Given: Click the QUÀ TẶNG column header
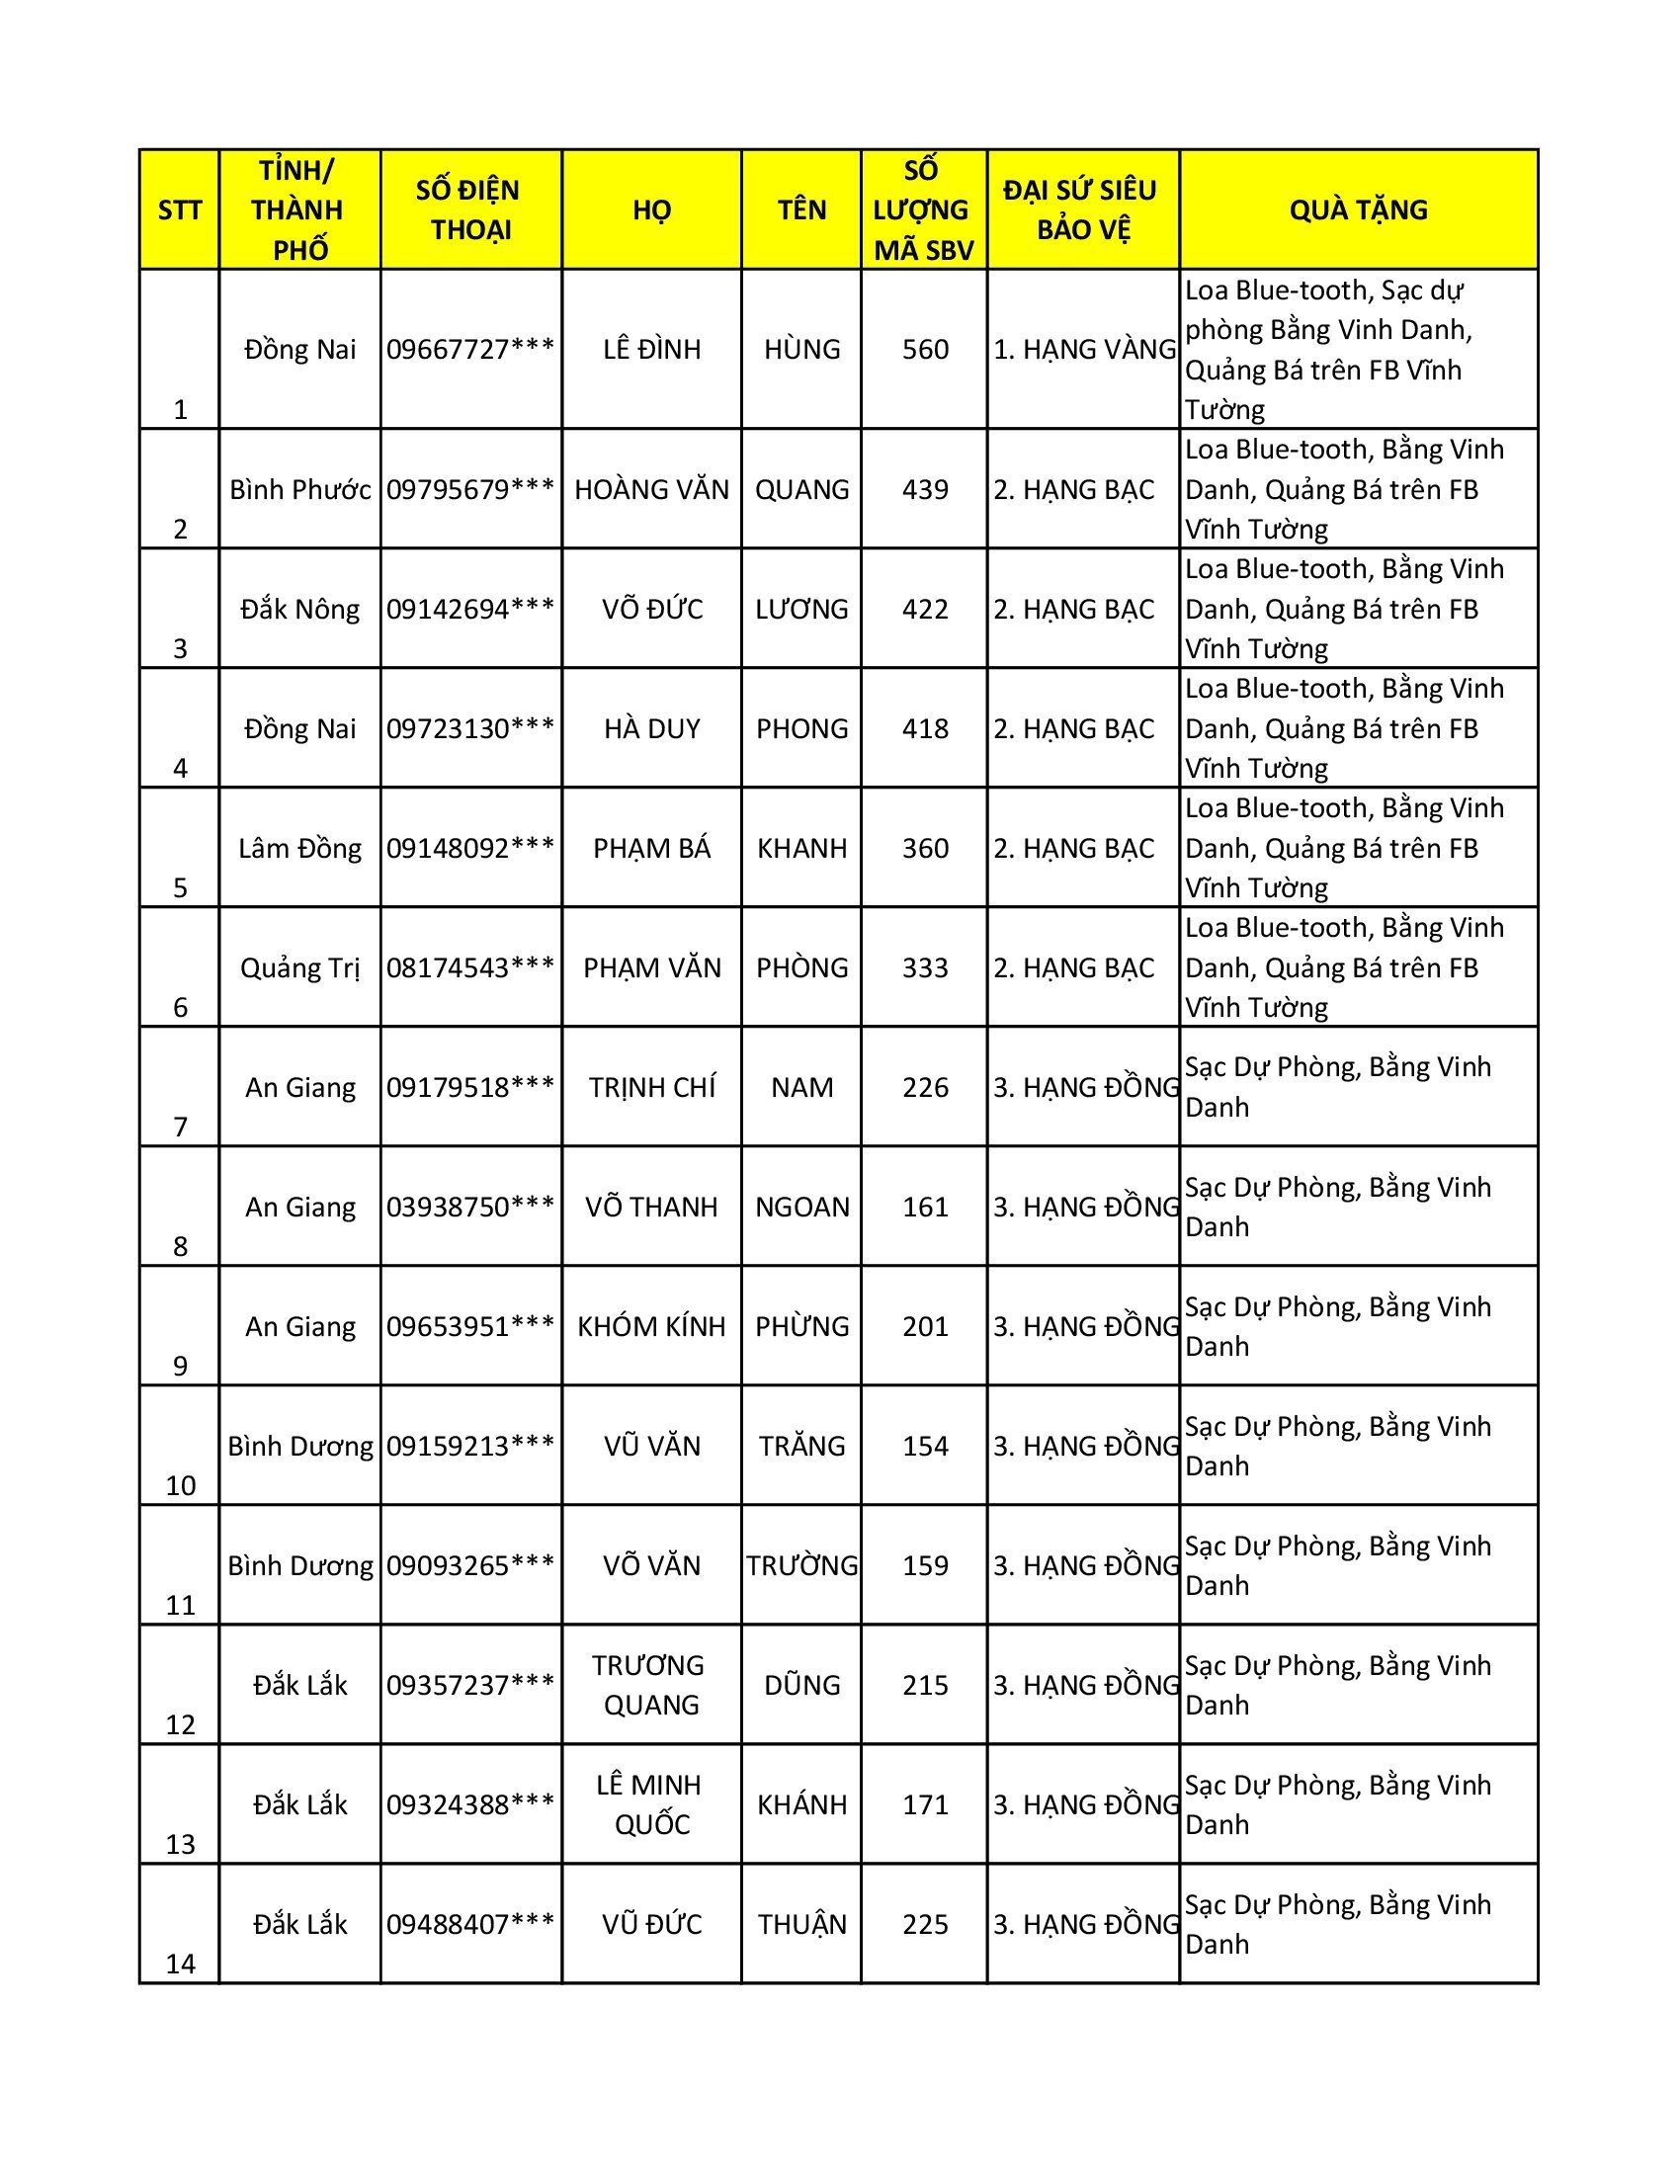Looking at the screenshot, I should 1358,210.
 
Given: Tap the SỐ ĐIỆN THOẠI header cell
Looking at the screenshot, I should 469,210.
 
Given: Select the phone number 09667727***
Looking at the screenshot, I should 469,350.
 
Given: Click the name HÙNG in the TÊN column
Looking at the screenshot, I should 801,350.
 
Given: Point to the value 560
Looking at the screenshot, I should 925,350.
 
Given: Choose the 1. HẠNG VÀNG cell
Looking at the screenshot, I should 1084,350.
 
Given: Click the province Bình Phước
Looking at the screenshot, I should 299,490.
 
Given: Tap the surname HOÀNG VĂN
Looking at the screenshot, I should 652,490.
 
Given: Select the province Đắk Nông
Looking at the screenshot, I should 299,609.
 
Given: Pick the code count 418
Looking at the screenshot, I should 925,728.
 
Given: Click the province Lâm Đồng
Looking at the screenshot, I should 299,848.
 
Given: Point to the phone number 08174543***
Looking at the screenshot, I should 469,967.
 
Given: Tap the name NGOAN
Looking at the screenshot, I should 801,1207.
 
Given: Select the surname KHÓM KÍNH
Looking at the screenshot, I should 652,1326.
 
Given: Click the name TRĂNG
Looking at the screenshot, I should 801,1446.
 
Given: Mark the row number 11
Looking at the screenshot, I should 180,1605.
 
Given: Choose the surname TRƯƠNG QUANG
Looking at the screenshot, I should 652,1684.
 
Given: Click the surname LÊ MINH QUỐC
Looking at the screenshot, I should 652,1803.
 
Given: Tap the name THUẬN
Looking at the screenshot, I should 801,1924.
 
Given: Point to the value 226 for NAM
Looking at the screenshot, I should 925,1087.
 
